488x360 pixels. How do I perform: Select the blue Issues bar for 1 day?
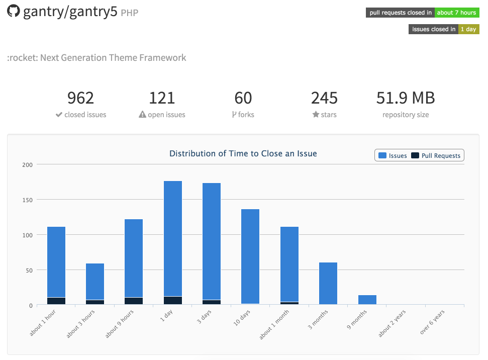[173, 238]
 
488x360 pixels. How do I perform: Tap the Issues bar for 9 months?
[367, 300]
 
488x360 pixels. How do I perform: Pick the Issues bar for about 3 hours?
[95, 282]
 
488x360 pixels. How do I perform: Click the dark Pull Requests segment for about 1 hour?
[56, 301]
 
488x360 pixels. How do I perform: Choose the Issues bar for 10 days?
[250, 256]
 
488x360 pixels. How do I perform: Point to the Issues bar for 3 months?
[328, 283]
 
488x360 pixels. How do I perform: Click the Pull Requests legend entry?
[436, 156]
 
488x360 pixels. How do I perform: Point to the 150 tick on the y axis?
[27, 200]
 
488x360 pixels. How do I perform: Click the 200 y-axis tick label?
[27, 164]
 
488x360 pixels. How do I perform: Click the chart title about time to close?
[243, 153]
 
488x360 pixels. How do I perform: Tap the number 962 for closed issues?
[80, 98]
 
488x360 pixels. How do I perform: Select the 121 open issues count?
[162, 98]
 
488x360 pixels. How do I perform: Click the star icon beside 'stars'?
[316, 115]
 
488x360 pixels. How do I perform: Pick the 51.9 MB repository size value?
[406, 98]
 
